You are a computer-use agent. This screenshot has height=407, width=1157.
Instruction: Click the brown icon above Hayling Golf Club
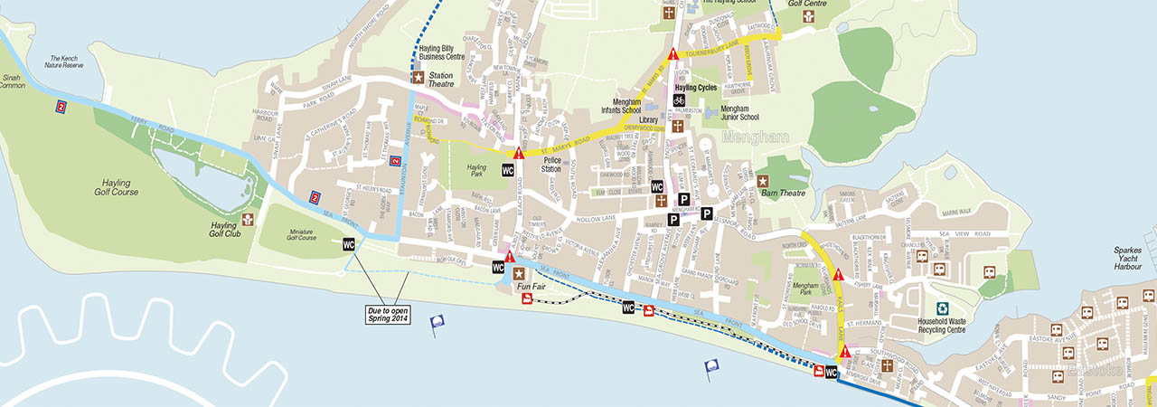point(249,220)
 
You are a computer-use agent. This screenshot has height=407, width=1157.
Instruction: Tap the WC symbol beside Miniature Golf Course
point(349,244)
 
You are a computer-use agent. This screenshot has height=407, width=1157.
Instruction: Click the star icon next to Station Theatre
point(418,77)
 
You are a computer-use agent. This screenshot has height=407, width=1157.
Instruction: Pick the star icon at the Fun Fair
point(518,273)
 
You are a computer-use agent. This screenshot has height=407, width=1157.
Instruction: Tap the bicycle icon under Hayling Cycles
point(679,100)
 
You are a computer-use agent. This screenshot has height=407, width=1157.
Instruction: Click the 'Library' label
point(648,119)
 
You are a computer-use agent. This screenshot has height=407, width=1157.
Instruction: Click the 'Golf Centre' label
point(806,3)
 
